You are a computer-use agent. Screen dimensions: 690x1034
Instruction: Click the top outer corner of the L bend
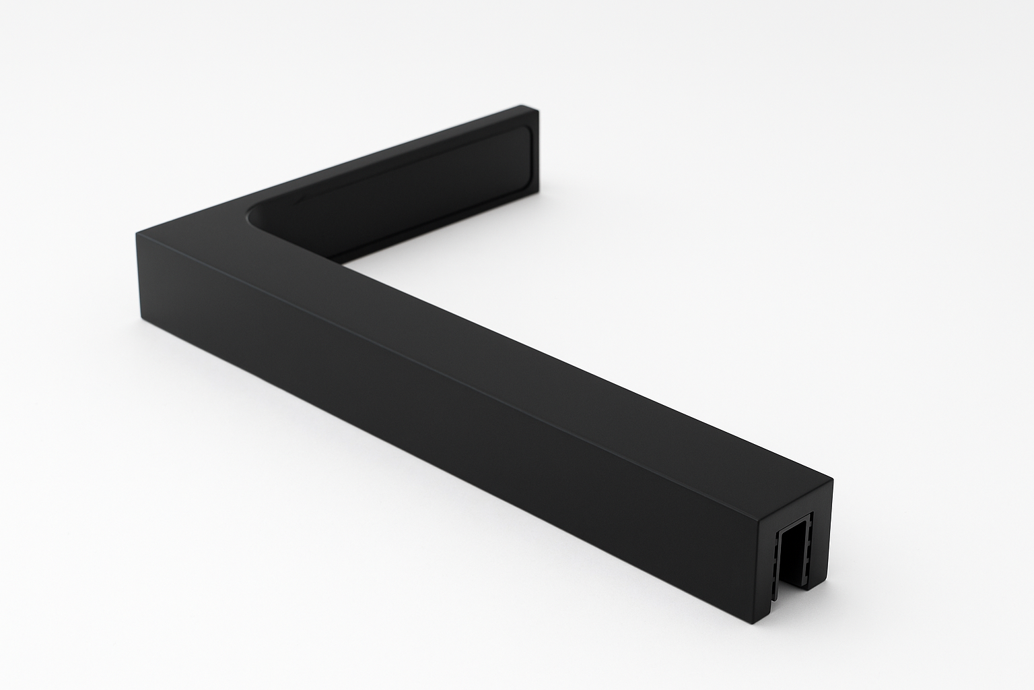click(x=137, y=232)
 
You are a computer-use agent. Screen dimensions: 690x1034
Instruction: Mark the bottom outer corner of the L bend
click(x=141, y=316)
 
